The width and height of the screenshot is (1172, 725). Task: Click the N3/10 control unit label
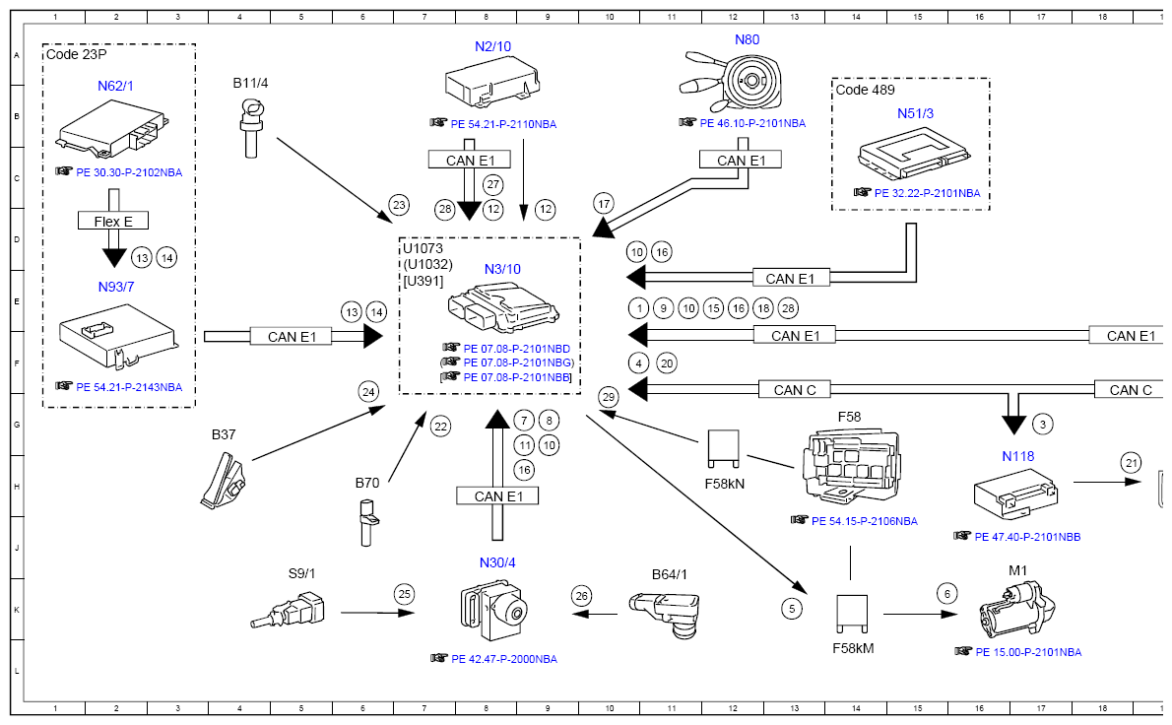[x=502, y=269]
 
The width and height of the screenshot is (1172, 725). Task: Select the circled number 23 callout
[x=398, y=205]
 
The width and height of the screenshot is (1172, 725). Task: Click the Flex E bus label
[x=113, y=222]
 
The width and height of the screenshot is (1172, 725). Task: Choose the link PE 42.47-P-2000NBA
[x=503, y=659]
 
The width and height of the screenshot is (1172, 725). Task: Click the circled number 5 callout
[x=792, y=609]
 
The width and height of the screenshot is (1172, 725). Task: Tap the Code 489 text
[x=865, y=90]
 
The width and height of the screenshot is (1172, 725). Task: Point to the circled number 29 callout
[x=609, y=396]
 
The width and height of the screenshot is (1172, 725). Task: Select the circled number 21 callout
[x=1132, y=462]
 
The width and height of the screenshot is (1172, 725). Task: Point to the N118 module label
[x=1017, y=456]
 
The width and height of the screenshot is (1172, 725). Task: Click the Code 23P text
[x=76, y=55]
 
